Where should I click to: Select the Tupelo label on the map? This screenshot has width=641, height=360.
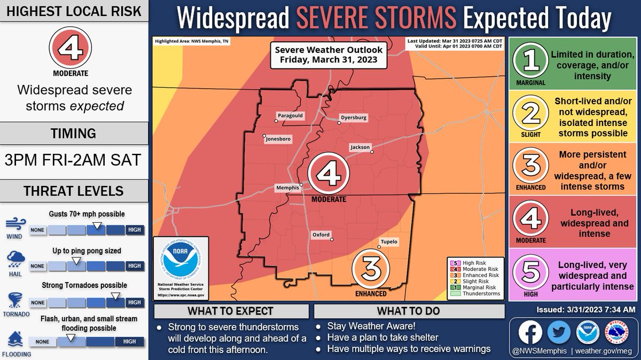click(x=388, y=241)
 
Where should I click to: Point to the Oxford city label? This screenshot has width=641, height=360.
click(x=321, y=234)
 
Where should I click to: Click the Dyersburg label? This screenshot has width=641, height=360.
click(x=354, y=118)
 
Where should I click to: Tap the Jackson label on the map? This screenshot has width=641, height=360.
click(x=359, y=146)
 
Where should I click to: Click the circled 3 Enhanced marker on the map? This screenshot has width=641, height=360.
click(x=370, y=269)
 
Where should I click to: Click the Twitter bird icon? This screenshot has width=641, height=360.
click(x=559, y=332)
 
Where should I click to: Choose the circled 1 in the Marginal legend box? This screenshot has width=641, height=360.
click(x=530, y=62)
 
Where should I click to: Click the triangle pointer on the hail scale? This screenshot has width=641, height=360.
click(x=76, y=260)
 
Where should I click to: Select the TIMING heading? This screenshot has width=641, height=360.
click(x=74, y=133)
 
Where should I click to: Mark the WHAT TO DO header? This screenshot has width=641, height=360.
click(x=409, y=311)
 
